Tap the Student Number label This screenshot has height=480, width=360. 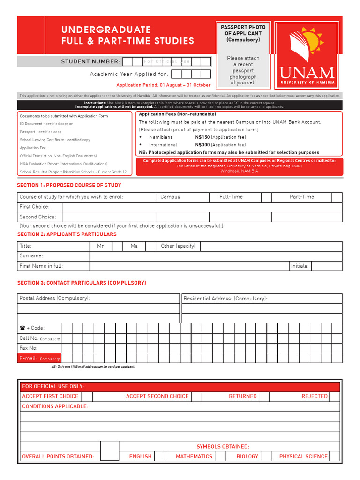tap(90, 62)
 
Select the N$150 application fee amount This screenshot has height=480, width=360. tap(202, 137)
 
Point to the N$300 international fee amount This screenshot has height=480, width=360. tap(202, 145)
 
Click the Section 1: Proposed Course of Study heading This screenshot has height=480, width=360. tap(69, 185)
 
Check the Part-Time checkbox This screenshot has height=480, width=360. tap(337, 197)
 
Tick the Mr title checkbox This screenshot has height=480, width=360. tap(117, 246)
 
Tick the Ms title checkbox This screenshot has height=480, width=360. tap(151, 246)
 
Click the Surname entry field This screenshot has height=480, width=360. tap(216, 256)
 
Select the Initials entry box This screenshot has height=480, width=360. tap(327, 266)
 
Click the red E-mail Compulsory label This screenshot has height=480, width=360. tap(39, 359)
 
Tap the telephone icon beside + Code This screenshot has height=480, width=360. tap(22, 328)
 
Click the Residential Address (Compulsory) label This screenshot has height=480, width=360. tap(225, 299)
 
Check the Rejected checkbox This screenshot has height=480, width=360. tap(334, 396)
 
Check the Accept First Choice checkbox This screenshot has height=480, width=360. tap(87, 396)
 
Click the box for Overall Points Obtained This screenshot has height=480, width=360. tap(110, 451)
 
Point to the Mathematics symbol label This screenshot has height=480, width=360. tap(194, 456)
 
